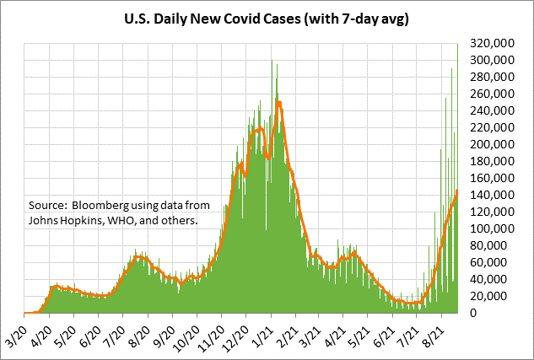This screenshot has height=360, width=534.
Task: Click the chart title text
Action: coord(267,19)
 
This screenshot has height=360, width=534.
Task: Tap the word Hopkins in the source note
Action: coord(84,221)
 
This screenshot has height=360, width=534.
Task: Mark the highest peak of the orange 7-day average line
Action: coord(278,102)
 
